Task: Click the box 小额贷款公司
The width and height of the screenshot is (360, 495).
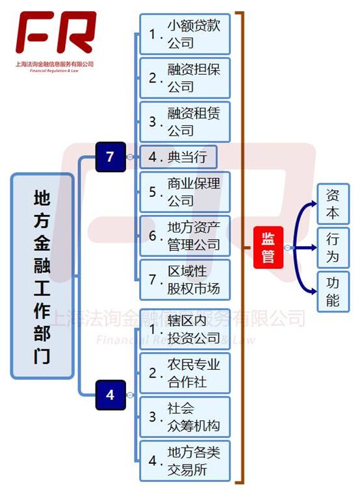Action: (185, 34)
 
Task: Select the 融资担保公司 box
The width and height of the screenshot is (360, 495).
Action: (185, 78)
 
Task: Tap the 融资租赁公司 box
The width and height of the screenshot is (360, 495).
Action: (185, 122)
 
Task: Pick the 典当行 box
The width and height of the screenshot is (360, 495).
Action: (179, 157)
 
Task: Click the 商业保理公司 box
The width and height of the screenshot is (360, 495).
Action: (185, 192)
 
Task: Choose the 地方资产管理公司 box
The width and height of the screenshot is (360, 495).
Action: (185, 236)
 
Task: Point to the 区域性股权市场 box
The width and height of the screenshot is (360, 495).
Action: (185, 280)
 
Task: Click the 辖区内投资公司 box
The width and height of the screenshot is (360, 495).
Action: (185, 329)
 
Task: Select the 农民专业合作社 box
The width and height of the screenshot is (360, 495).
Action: (185, 373)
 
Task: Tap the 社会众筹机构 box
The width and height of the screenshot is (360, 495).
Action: (185, 417)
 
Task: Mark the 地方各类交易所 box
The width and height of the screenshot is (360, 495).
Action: (185, 461)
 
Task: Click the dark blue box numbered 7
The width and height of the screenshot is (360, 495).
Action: (110, 157)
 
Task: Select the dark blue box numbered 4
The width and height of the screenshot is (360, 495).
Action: (110, 395)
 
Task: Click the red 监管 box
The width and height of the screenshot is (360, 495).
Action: (268, 247)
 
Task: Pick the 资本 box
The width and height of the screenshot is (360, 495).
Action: (333, 204)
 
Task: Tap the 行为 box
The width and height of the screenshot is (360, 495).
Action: (333, 247)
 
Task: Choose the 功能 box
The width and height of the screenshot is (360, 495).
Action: (333, 292)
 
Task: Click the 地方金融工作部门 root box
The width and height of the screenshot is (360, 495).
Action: (42, 276)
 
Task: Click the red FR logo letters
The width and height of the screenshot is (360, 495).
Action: (56, 32)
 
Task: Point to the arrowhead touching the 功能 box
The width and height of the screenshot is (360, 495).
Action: (314, 291)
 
